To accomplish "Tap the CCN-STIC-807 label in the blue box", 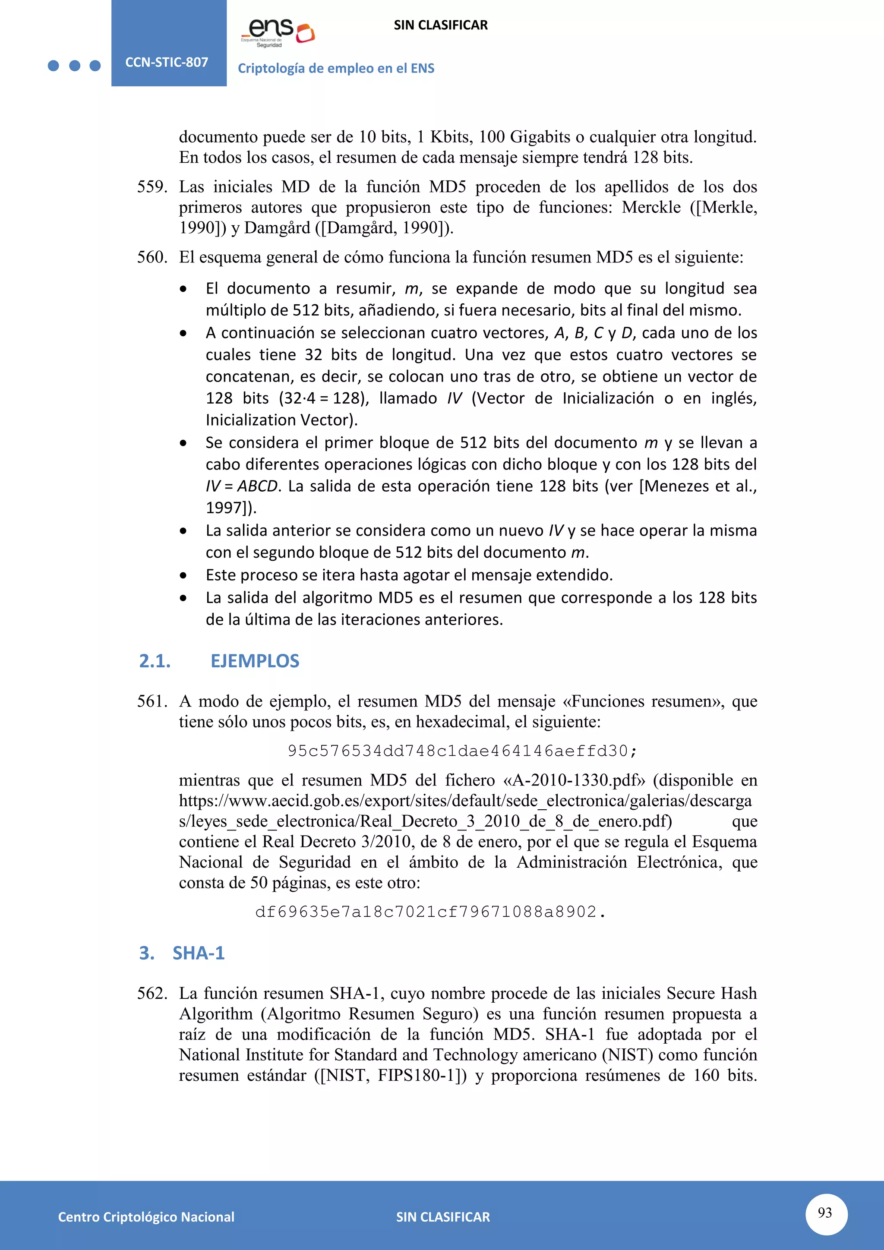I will pos(167,62).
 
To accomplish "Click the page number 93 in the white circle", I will pos(825,1212).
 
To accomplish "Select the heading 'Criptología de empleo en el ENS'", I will pos(336,69).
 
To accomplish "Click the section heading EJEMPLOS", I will pos(255,661).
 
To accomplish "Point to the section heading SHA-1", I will pos(198,953).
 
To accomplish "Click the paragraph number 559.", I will pos(152,187).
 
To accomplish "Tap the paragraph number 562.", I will pos(152,993).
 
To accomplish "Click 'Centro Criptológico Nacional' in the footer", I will pos(146,1217).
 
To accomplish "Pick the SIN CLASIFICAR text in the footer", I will pos(442,1217).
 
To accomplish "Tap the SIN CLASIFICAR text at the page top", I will pos(440,25).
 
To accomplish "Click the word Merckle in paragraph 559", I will pos(651,208).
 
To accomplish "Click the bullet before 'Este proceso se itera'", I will pos(183,575).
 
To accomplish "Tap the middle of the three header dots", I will pos(75,66).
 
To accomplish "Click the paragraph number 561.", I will pos(152,701).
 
